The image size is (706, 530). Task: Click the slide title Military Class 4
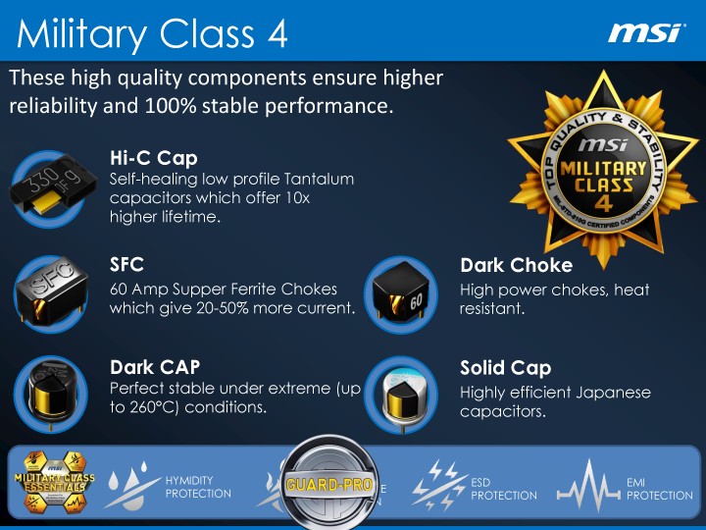click(x=153, y=34)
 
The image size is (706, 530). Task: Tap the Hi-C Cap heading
click(x=154, y=158)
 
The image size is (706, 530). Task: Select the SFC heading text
click(x=127, y=265)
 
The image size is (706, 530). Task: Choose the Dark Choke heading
click(x=516, y=265)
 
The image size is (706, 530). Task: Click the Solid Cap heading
click(x=505, y=368)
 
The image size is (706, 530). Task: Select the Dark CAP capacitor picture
click(x=52, y=393)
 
